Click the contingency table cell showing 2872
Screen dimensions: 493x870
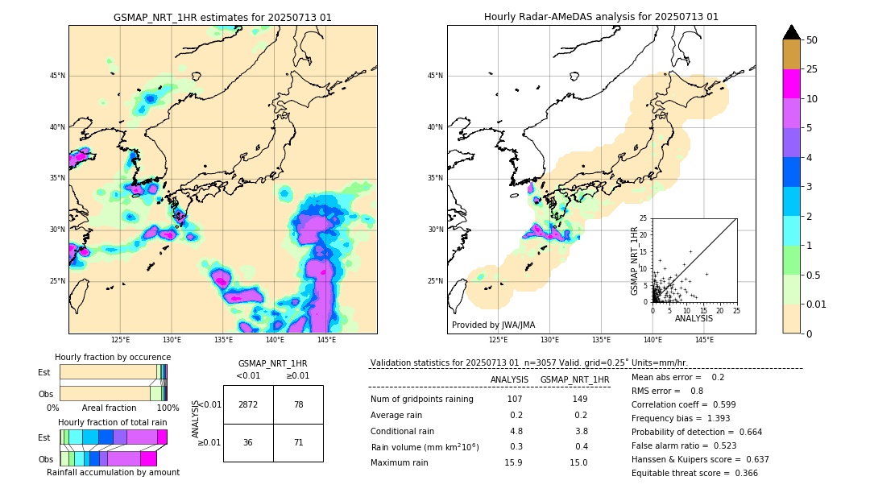248,404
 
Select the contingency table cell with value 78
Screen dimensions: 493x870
298,404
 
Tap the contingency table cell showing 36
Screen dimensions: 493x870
248,442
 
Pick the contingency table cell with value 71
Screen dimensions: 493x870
298,442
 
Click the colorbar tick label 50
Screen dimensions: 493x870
812,40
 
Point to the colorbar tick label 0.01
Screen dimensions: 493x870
817,304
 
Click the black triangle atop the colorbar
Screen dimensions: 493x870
792,32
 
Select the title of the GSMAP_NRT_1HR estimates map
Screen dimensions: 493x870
222,17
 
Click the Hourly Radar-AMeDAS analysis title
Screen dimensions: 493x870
601,17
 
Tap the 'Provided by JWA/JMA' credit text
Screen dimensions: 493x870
493,325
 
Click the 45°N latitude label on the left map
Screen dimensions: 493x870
57,76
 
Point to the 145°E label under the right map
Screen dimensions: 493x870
704,340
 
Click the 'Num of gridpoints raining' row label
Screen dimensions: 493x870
421,399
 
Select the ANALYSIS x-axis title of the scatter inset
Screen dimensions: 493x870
694,318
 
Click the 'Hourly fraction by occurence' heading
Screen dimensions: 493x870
113,357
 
